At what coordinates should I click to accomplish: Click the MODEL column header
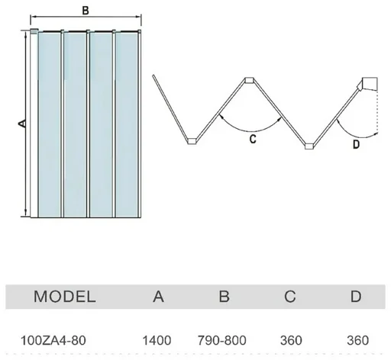point(65,297)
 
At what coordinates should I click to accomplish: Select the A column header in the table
point(158,297)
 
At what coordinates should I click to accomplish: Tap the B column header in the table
point(224,297)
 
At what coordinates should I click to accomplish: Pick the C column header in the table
point(290,297)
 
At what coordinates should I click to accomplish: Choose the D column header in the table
point(356,297)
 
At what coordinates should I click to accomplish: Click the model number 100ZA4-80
point(53,340)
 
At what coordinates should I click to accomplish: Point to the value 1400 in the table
point(157,340)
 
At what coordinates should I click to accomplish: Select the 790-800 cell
point(222,340)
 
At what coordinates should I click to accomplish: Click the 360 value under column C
point(291,340)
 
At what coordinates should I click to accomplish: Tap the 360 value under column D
point(357,340)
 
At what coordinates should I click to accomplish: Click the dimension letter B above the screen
point(86,11)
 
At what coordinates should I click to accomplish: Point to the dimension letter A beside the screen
point(22,124)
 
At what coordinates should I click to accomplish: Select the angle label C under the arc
point(253,139)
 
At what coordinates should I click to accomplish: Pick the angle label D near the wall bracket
point(357,144)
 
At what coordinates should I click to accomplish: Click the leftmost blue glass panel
point(49,124)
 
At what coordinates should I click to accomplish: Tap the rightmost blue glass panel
point(127,124)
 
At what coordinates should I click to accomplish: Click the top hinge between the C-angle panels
point(249,80)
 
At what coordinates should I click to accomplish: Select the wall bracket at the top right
point(368,84)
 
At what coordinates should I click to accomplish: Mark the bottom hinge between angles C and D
point(309,146)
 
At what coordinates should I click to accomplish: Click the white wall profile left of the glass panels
point(34,124)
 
